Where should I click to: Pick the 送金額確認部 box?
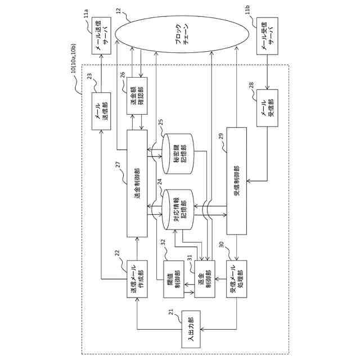click(x=137, y=92)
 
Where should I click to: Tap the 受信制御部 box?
click(x=236, y=180)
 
